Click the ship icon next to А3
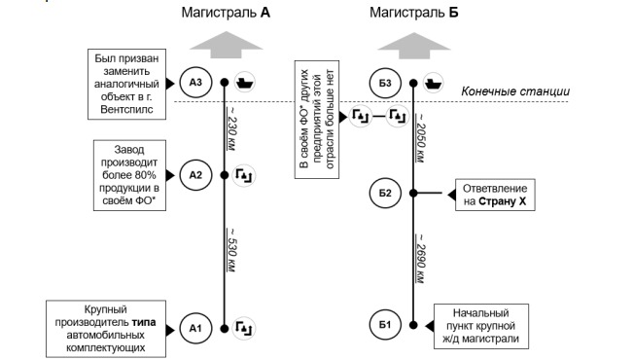tap(245, 82)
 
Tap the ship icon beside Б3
tap(433, 83)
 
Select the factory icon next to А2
tap(244, 175)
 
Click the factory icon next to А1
tap(244, 328)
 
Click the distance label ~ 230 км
tap(231, 128)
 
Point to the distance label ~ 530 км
tap(231, 250)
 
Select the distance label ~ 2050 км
tap(420, 137)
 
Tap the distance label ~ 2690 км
tap(420, 258)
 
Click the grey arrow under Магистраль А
tap(227, 45)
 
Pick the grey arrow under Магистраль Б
tap(414, 46)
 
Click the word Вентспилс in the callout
tap(126, 110)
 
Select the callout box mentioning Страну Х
tap(495, 195)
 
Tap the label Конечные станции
tap(515, 91)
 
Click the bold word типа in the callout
tap(144, 323)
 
